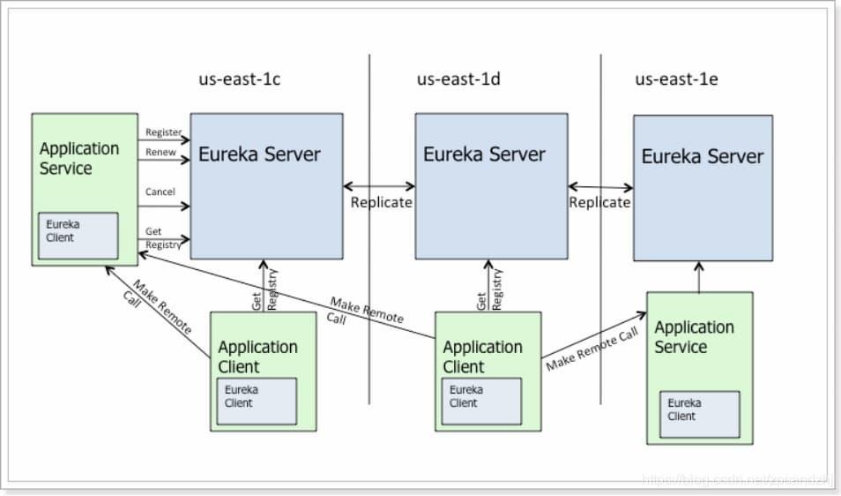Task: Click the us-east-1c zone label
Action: (x=239, y=79)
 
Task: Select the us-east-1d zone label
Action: (x=458, y=79)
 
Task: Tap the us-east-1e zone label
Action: (x=676, y=79)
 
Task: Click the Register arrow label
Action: (x=163, y=132)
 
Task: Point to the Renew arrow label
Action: (x=160, y=152)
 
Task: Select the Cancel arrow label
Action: (x=160, y=192)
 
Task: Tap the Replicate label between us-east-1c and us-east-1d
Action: (x=381, y=202)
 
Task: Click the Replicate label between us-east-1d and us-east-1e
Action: (x=599, y=202)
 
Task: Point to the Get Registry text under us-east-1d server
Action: (x=488, y=289)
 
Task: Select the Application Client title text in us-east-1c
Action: (x=257, y=357)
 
